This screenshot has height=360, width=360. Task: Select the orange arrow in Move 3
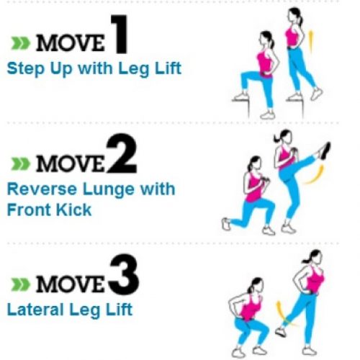coord(279,312)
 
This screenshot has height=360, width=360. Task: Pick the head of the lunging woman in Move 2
coord(253,165)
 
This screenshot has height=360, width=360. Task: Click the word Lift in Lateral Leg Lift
coord(117,311)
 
